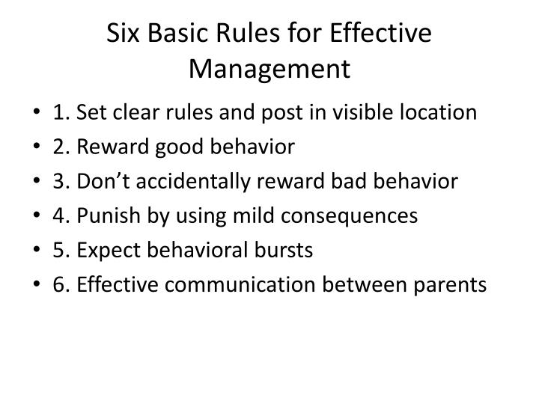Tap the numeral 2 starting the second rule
(x=58, y=147)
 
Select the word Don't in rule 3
(x=101, y=181)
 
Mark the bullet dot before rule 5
(x=37, y=251)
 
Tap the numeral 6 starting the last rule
(x=58, y=284)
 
